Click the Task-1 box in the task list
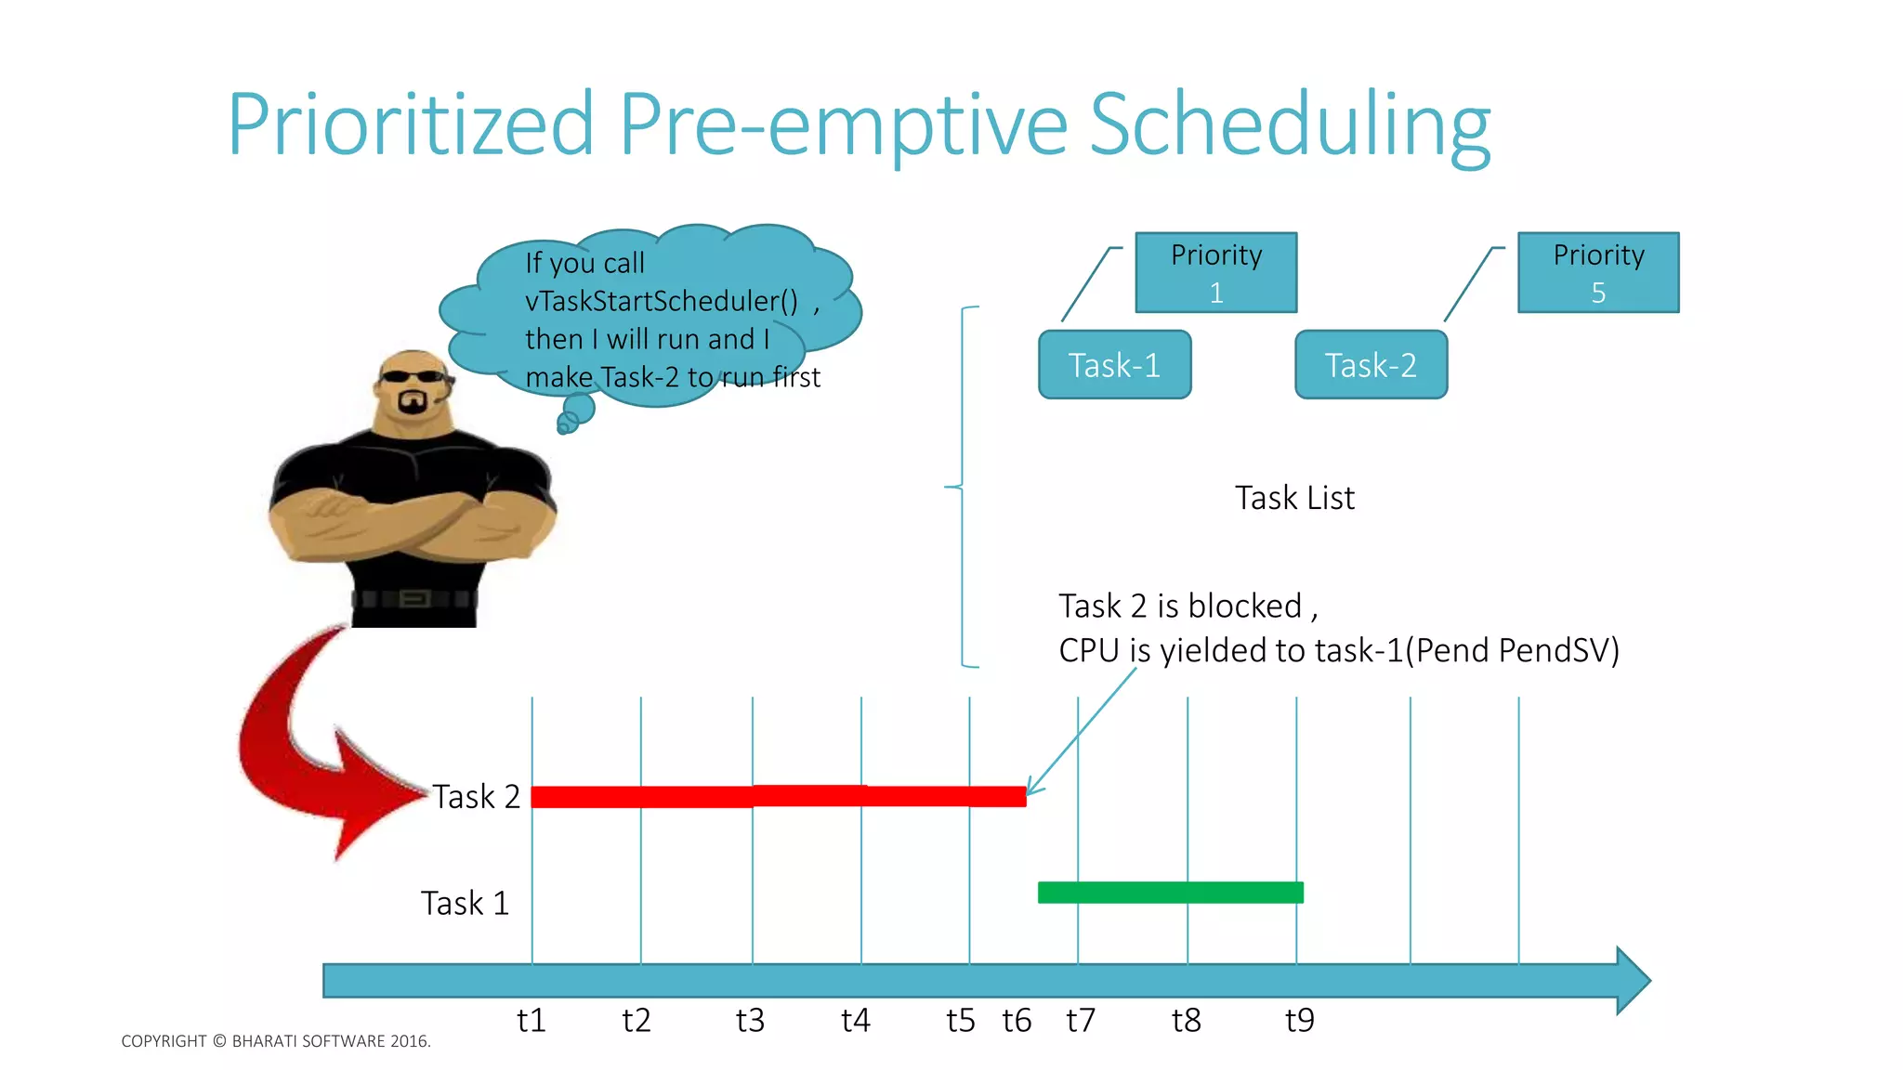click(1114, 365)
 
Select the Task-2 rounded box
click(1371, 365)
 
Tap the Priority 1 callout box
click(1215, 273)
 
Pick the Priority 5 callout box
click(1598, 273)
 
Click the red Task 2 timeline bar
click(779, 797)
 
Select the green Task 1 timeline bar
click(1170, 893)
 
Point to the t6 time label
click(1017, 1021)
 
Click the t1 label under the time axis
click(531, 1021)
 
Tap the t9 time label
click(1299, 1021)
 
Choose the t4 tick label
click(855, 1021)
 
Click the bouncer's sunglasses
click(413, 376)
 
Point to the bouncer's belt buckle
click(413, 598)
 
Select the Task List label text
click(1294, 498)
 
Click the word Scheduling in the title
click(1290, 125)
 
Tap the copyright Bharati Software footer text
click(276, 1041)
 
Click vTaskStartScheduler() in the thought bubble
click(662, 302)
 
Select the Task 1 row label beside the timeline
click(465, 903)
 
